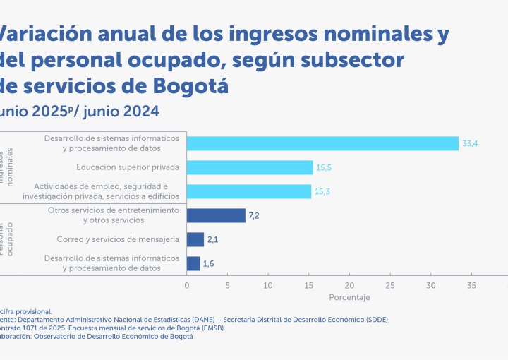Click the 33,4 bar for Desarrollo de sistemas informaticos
(x=322, y=143)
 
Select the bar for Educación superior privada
(x=250, y=167)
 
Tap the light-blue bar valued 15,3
(x=249, y=191)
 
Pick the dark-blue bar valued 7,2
(x=216, y=215)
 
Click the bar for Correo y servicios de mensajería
(x=195, y=239)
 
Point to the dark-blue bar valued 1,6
(x=193, y=263)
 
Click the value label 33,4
(x=471, y=143)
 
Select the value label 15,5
(x=324, y=167)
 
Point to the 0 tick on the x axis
(x=187, y=285)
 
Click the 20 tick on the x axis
(x=349, y=285)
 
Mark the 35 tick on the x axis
(x=471, y=285)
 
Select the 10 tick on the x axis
(x=268, y=285)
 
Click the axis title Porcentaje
(x=349, y=298)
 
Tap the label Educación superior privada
(x=128, y=167)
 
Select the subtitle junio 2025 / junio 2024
(x=79, y=111)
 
